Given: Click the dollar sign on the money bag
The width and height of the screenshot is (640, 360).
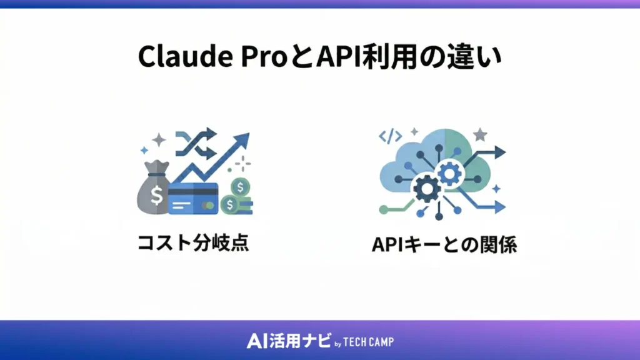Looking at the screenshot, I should coord(156,194).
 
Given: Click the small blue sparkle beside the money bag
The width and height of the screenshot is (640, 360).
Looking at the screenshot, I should coord(144,151).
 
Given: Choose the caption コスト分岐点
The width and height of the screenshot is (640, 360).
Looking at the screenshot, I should coord(193,242).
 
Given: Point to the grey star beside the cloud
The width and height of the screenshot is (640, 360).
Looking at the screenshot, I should coord(480,134).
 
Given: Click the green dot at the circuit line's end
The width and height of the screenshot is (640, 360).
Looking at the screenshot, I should coord(382,212).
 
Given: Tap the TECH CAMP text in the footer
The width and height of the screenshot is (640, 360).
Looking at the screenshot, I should coord(369,342).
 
